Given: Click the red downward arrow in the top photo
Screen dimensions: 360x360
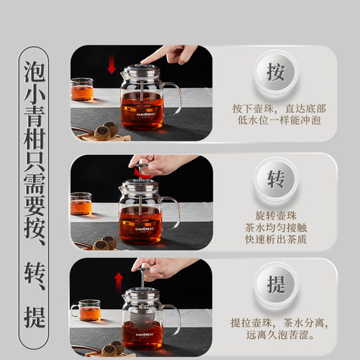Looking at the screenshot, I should coord(111,66).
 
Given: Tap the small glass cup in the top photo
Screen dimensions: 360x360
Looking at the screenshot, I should coord(82,90).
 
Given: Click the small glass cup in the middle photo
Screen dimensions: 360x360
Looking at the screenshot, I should coord(81,204).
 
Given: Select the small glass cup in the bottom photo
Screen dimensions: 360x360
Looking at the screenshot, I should coord(89,310).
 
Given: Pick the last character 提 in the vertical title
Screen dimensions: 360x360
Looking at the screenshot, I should coord(34,316).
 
